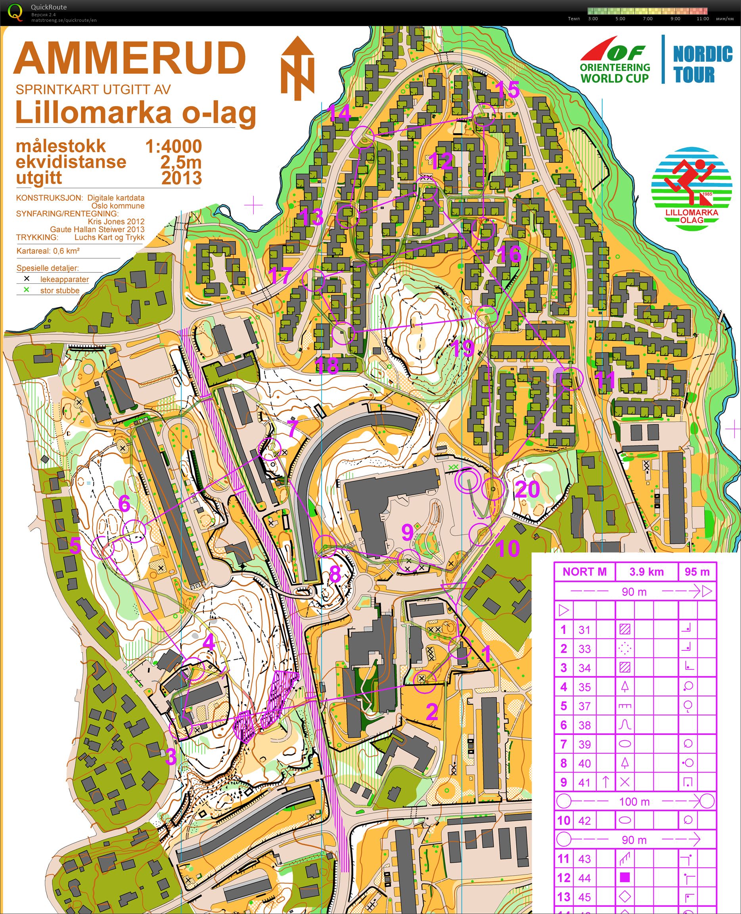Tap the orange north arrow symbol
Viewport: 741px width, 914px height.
[297, 68]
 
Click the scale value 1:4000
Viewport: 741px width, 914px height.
[173, 146]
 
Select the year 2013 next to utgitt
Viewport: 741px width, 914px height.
[181, 178]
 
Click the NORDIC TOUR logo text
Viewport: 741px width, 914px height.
[702, 64]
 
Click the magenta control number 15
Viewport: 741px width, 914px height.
[507, 90]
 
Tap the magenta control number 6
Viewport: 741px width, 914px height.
[124, 503]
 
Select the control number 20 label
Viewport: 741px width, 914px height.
[527, 490]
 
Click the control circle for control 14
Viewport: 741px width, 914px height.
[362, 137]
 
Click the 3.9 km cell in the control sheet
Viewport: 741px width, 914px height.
[646, 572]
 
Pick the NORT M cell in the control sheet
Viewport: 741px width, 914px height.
[584, 572]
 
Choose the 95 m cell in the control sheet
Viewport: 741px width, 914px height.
[697, 572]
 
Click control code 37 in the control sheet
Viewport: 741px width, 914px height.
[584, 706]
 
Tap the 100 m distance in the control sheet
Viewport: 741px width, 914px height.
[634, 801]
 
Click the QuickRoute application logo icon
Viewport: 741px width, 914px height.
[16, 12]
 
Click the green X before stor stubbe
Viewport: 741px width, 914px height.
[27, 290]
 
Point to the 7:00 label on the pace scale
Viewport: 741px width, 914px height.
[647, 19]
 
